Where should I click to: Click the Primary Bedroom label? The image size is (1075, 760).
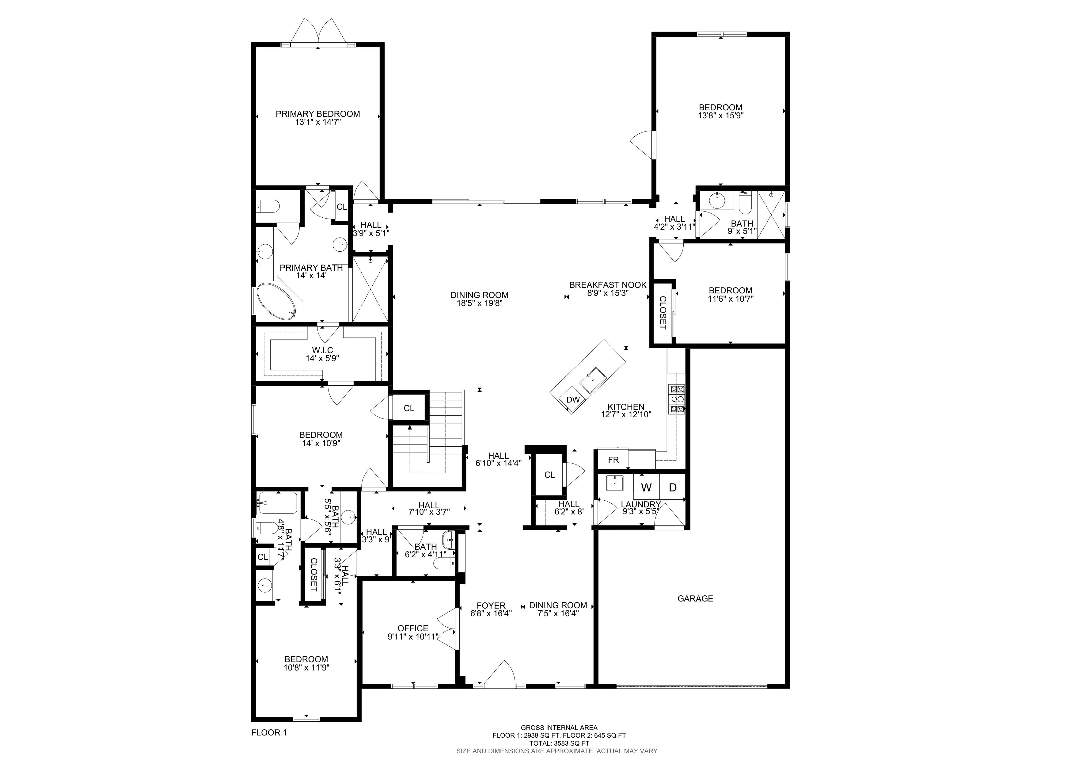[317, 114]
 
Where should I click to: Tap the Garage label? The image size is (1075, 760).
[695, 598]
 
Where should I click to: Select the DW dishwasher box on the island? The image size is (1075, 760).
[573, 399]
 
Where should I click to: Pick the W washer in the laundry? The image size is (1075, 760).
[646, 487]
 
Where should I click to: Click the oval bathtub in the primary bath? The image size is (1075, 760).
[276, 301]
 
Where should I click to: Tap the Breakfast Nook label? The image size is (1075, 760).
[608, 285]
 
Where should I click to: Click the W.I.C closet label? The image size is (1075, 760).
[323, 350]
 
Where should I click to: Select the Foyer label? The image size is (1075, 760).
[491, 605]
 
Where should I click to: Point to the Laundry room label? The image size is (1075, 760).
[640, 504]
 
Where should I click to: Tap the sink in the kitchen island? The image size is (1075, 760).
[593, 380]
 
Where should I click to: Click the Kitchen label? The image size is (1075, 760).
[626, 407]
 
